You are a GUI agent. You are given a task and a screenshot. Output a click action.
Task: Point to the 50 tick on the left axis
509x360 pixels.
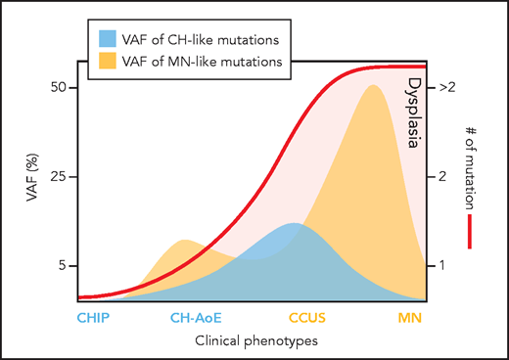pos(58,87)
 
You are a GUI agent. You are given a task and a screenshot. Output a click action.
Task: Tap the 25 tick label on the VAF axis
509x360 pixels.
pos(58,176)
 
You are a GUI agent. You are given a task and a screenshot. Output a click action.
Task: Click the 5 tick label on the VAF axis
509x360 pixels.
pos(62,265)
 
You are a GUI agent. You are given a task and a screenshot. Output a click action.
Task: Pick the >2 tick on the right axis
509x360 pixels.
pos(448,87)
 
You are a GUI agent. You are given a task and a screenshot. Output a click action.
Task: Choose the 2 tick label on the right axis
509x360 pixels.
pos(444,176)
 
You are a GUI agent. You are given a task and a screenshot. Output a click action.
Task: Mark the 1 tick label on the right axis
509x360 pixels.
pos(444,265)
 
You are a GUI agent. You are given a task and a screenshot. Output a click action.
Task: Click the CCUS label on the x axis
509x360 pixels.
pos(306,318)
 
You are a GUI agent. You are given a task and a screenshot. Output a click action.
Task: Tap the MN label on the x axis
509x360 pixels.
pos(411,318)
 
